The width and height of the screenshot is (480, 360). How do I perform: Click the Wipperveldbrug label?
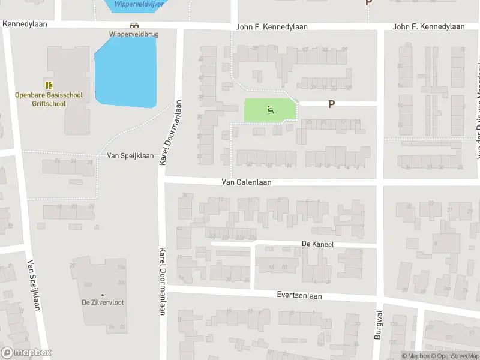(x=134, y=34)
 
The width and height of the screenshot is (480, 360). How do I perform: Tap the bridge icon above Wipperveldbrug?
(x=134, y=26)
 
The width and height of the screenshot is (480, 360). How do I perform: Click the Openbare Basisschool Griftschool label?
(x=49, y=99)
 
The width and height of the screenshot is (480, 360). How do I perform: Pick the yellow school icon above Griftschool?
(x=49, y=85)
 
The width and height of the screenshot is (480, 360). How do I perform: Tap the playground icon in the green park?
(x=270, y=110)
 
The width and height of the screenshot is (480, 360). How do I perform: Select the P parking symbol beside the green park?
(x=331, y=104)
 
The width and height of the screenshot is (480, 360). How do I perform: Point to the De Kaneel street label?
(x=317, y=245)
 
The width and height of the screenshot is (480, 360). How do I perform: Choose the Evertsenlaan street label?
(x=299, y=296)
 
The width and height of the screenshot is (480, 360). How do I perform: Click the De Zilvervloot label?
(x=103, y=302)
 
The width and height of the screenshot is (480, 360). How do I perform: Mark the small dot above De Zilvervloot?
(x=103, y=295)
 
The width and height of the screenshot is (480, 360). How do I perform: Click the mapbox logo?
(x=26, y=353)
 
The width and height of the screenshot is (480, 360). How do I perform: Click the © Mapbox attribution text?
(x=415, y=356)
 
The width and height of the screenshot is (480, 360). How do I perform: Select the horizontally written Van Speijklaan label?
(x=130, y=155)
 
